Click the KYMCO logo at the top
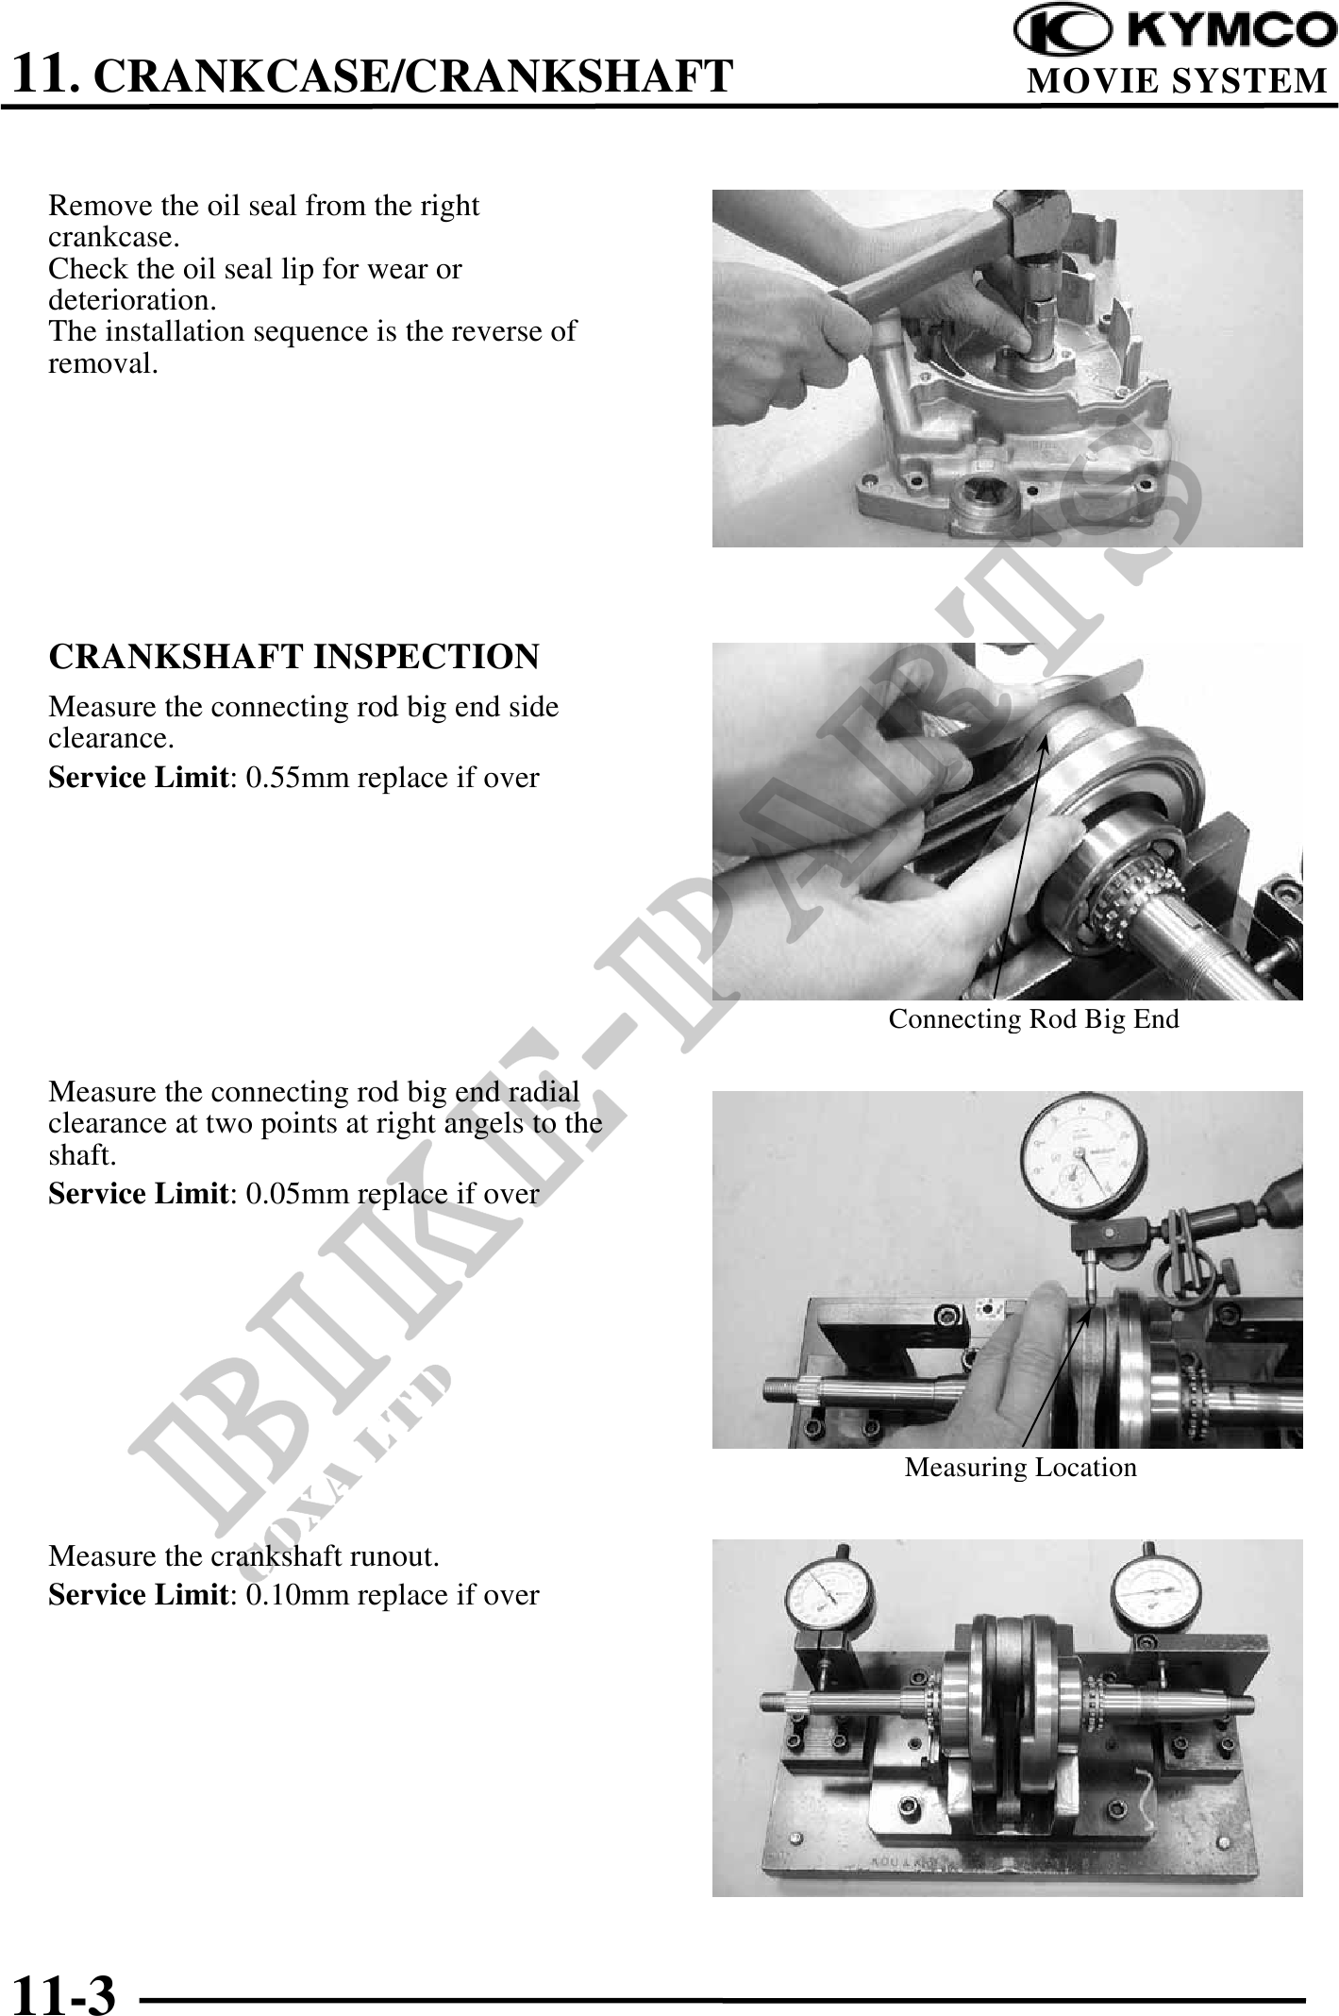click(x=1176, y=31)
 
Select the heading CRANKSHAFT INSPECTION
click(x=293, y=656)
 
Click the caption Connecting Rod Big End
click(x=1033, y=1019)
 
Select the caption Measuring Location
click(x=1021, y=1468)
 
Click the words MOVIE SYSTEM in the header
click(x=1178, y=81)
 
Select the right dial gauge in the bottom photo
click(x=1158, y=1595)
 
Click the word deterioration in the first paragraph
click(x=129, y=301)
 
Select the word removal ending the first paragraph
click(x=103, y=364)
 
